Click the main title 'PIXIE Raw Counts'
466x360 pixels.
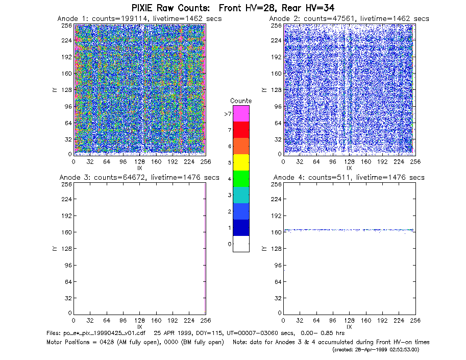pos(170,8)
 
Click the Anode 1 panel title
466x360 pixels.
pos(139,18)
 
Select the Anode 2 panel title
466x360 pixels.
pos(349,18)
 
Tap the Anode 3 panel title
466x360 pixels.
pos(139,178)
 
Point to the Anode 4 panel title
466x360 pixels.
pos(349,178)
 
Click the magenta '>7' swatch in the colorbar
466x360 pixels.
pos(241,113)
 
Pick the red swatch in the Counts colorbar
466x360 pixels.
pos(241,130)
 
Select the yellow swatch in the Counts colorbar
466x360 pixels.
pos(241,162)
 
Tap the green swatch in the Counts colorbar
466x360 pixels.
pos(241,179)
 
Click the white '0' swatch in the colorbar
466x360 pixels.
pos(241,244)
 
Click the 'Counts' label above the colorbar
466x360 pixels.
pos(241,101)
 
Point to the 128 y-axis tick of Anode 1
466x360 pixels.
pos(66,90)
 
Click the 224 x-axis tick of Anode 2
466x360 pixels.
pos(399,162)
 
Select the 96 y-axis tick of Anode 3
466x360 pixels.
pos(68,265)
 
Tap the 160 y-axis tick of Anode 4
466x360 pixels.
pos(276,232)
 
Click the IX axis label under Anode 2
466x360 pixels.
pos(349,168)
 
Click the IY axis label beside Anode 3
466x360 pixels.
pos(55,249)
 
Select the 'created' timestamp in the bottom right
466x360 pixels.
pos(376,350)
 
